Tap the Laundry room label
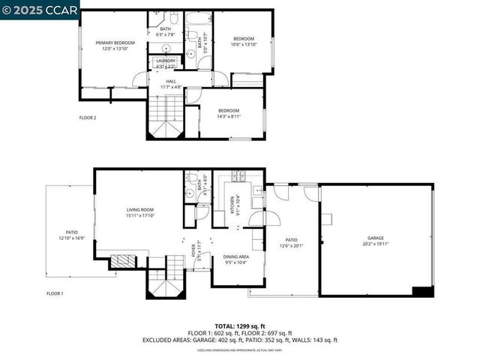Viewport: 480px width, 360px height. pyautogui.click(x=166, y=61)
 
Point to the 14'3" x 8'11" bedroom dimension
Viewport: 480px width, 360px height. pyautogui.click(x=228, y=116)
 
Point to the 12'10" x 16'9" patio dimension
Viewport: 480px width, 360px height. pyautogui.click(x=72, y=238)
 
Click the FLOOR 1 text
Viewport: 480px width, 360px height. pyautogui.click(x=55, y=293)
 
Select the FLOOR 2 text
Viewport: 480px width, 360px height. pyautogui.click(x=88, y=118)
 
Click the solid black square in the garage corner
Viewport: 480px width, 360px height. pyautogui.click(x=423, y=291)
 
